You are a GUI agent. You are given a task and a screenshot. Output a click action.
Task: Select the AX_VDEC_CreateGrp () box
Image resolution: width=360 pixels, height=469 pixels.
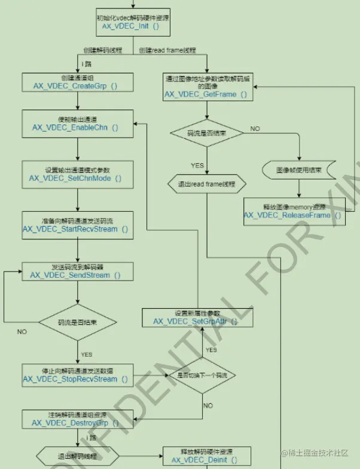[x=75, y=83]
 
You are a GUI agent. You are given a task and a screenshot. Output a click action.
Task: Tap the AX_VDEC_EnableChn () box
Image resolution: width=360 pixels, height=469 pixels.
[x=75, y=124]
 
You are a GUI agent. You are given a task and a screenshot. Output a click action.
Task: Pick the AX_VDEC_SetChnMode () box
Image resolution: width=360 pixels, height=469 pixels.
[x=75, y=174]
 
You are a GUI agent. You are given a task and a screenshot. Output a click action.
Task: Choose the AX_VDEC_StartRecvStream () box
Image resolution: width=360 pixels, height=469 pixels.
[x=75, y=225]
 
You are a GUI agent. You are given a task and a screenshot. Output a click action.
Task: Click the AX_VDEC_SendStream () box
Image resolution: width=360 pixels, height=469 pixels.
[x=75, y=271]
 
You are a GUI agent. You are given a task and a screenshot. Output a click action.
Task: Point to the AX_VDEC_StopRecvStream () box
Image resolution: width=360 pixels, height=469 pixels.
[x=75, y=374]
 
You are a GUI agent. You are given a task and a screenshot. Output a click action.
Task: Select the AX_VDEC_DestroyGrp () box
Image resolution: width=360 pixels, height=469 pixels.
[x=75, y=419]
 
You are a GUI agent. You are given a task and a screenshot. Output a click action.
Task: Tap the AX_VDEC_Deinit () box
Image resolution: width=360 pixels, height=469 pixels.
[x=205, y=455]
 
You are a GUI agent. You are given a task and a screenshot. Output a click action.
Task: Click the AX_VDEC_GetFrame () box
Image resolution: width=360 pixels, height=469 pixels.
[x=206, y=87]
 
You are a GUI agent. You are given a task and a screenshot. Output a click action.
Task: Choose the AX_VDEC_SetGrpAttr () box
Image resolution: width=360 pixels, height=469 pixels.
[x=195, y=317]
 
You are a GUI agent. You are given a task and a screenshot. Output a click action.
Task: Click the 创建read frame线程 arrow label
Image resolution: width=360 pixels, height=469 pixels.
[x=167, y=50]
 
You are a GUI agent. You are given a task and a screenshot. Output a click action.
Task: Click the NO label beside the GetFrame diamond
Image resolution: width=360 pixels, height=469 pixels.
[x=255, y=129]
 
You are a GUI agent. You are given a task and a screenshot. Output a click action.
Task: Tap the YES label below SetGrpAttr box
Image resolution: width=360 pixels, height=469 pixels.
[x=211, y=350]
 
